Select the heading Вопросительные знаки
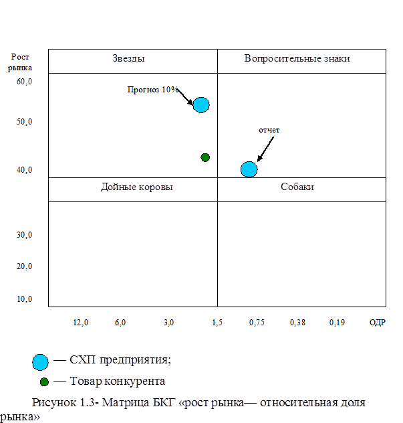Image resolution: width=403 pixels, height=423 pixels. [297, 59]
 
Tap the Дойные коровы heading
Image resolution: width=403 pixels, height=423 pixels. [136, 187]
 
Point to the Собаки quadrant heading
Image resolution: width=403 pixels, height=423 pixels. [297, 187]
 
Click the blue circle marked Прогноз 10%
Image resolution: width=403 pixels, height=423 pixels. [201, 104]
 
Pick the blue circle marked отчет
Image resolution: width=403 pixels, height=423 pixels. [249, 169]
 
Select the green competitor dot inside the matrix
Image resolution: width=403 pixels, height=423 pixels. [205, 157]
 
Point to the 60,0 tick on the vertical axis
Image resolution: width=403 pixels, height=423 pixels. [25, 82]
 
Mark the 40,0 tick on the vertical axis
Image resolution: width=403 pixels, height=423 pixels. [25, 170]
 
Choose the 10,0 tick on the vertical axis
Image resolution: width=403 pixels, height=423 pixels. [25, 299]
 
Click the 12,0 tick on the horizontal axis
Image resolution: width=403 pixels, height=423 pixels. [80, 323]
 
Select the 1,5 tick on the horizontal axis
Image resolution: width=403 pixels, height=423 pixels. [217, 323]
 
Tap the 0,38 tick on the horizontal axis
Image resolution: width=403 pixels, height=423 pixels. [297, 323]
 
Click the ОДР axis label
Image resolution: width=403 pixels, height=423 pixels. [378, 323]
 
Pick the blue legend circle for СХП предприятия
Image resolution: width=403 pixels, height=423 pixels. [41, 362]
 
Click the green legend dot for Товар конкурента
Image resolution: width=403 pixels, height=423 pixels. [44, 382]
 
